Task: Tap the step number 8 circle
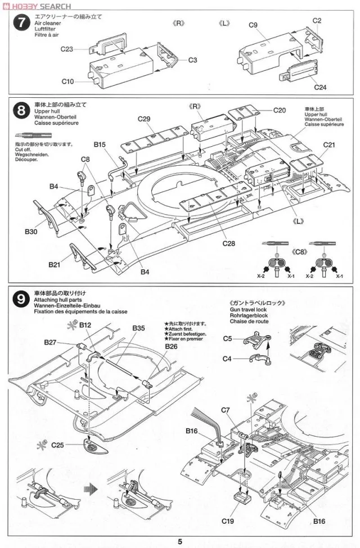pyautogui.click(x=21, y=110)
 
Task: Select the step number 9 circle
pyautogui.click(x=21, y=298)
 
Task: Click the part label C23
pyautogui.click(x=67, y=49)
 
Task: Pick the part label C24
pyautogui.click(x=320, y=87)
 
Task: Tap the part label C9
pyautogui.click(x=253, y=25)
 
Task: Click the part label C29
pyautogui.click(x=144, y=119)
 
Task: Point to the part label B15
pyautogui.click(x=100, y=144)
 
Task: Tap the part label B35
pyautogui.click(x=139, y=328)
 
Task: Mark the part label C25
pyautogui.click(x=57, y=445)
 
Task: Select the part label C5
pyautogui.click(x=227, y=338)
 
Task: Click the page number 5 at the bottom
pyautogui.click(x=180, y=541)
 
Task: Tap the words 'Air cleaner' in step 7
pyautogui.click(x=46, y=23)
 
